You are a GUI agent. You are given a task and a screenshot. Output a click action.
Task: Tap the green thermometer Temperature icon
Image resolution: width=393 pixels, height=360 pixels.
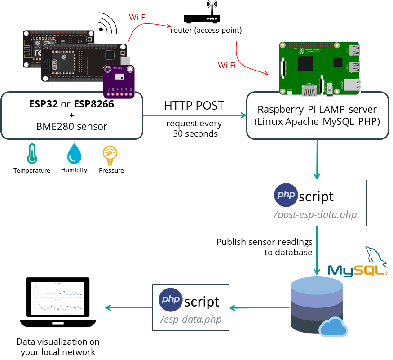point(31,154)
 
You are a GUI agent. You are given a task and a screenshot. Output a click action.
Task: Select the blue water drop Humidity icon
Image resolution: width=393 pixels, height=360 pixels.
point(74,154)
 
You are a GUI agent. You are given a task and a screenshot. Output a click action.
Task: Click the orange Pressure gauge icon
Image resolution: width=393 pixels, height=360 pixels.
point(110,154)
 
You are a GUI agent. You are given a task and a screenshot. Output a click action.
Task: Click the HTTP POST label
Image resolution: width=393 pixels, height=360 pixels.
point(194,106)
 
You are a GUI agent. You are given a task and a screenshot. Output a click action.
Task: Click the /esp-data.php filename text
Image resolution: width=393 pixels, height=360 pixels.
point(190,320)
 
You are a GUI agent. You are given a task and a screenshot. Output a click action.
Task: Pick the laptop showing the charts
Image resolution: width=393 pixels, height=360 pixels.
point(58,303)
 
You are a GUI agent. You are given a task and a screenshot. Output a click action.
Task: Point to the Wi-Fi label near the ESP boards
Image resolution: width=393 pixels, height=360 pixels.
point(138,17)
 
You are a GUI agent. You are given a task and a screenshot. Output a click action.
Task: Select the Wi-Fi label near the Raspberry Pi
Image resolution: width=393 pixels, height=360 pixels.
point(227,65)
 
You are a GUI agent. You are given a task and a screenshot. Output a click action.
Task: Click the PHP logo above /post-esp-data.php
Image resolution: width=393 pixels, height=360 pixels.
point(286,195)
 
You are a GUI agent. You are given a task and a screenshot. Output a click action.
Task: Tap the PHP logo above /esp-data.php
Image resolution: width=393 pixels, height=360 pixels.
point(171,300)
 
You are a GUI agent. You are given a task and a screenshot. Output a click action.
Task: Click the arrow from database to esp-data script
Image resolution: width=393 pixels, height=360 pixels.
point(259,308)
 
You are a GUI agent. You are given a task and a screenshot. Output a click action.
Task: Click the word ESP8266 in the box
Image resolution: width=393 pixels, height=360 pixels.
point(93,104)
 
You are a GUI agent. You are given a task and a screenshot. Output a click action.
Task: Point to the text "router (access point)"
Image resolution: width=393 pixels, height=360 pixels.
point(206,31)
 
